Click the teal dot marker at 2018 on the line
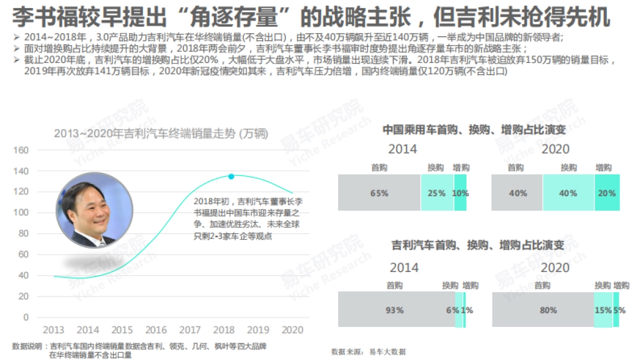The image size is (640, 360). coord(231,177)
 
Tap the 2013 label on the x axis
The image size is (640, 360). coord(53,330)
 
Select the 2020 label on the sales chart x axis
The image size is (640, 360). coord(292,330)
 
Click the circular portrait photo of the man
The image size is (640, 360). coord(94,210)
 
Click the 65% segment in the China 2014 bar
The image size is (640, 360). coord(379,193)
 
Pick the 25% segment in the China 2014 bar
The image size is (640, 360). coord(437,193)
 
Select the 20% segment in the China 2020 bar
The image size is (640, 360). coord(606,193)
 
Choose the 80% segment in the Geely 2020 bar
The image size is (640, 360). coord(542,310)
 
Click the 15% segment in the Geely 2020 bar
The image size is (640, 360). coord(603,310)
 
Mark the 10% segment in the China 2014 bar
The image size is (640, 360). coord(460,193)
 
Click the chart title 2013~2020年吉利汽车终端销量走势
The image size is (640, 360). coord(161,133)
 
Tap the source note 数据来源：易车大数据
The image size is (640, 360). coord(368,351)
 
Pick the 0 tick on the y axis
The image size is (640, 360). coord(25,317)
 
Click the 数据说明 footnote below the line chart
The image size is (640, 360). coord(139,350)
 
